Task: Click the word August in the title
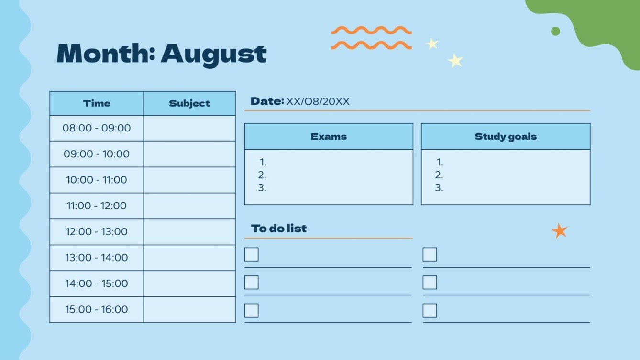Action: (x=213, y=54)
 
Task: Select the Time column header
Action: (x=97, y=103)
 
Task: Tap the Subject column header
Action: (x=189, y=103)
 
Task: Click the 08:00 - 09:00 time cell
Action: (x=97, y=128)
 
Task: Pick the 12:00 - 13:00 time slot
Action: (x=97, y=232)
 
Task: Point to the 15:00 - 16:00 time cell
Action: (x=97, y=309)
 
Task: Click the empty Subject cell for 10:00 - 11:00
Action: (x=189, y=180)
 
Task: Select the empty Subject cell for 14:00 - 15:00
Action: (x=189, y=284)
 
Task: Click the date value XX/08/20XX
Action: (x=318, y=101)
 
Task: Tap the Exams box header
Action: (x=329, y=136)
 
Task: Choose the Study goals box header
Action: (x=506, y=136)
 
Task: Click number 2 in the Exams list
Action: (x=262, y=175)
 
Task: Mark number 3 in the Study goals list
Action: (x=439, y=188)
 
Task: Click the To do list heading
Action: (x=279, y=229)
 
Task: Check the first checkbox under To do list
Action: (x=252, y=254)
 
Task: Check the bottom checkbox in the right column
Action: (x=430, y=310)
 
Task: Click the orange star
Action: (x=559, y=231)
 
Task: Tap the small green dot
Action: (x=555, y=31)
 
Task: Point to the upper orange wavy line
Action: (x=371, y=31)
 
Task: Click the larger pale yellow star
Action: (x=455, y=60)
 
